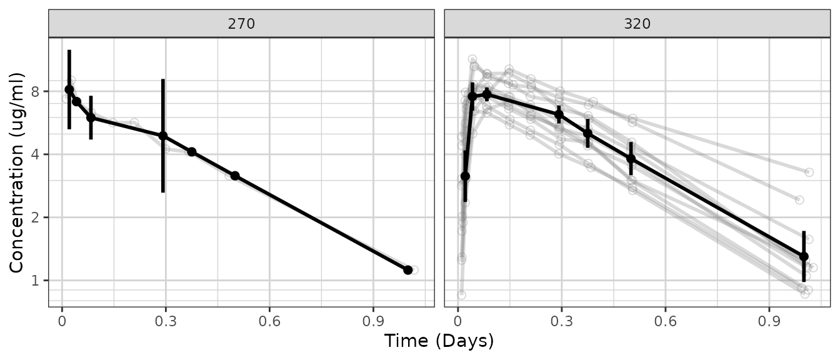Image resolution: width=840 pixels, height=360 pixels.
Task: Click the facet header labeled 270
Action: (241, 24)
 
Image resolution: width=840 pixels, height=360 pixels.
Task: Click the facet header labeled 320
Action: (637, 24)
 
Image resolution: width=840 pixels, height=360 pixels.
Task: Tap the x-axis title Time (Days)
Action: (439, 341)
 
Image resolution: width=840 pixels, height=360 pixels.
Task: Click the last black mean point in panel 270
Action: (408, 270)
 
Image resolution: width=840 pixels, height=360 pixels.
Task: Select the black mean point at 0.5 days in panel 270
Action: (234, 176)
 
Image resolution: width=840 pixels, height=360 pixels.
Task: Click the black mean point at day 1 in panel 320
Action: (804, 256)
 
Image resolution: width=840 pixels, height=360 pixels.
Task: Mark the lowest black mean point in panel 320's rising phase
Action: (465, 176)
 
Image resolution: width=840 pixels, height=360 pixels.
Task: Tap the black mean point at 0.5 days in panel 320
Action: (631, 158)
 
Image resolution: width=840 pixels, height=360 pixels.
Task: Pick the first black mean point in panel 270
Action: (69, 89)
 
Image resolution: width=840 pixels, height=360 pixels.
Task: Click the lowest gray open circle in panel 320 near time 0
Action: (461, 294)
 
